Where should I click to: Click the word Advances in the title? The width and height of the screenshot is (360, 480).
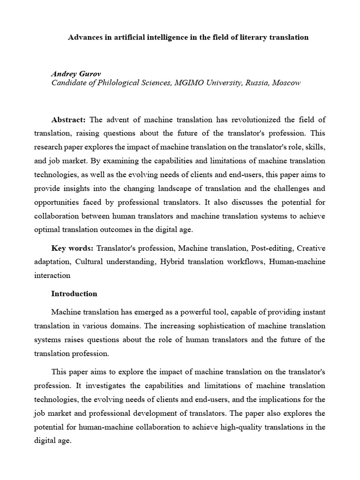click(x=85, y=37)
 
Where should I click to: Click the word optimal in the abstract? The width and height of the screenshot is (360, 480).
click(x=47, y=230)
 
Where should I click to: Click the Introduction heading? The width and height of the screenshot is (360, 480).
click(x=74, y=294)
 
